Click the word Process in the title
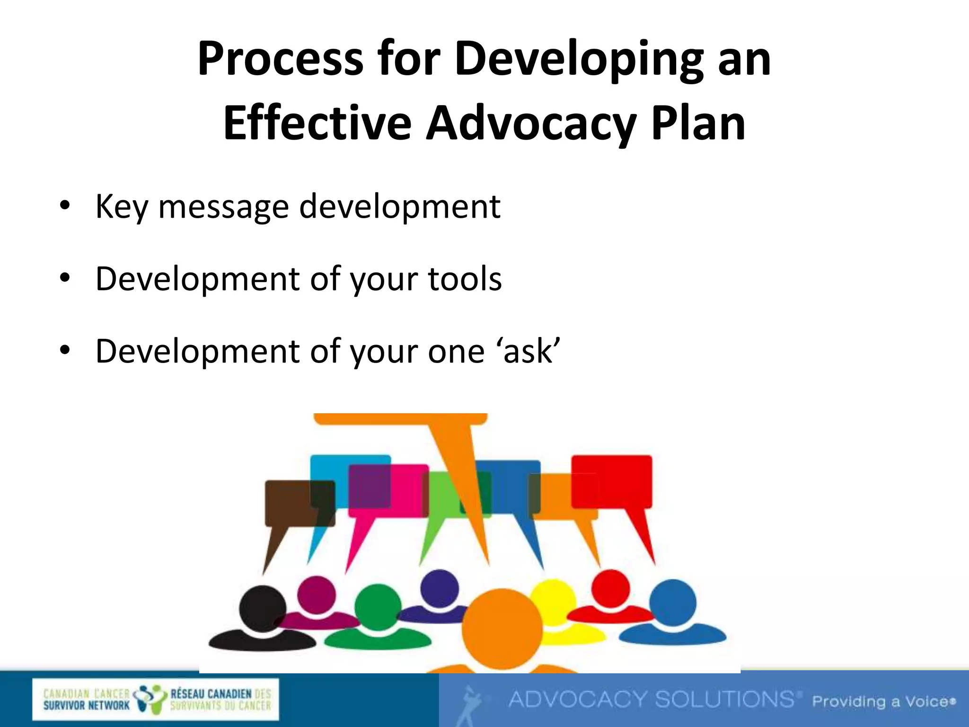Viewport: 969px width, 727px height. click(280, 59)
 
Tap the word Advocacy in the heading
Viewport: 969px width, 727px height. click(530, 124)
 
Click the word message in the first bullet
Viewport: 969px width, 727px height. click(223, 207)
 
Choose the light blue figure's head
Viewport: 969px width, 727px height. click(672, 603)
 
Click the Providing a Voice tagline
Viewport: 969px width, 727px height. click(882, 701)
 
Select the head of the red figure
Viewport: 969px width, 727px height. click(610, 588)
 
